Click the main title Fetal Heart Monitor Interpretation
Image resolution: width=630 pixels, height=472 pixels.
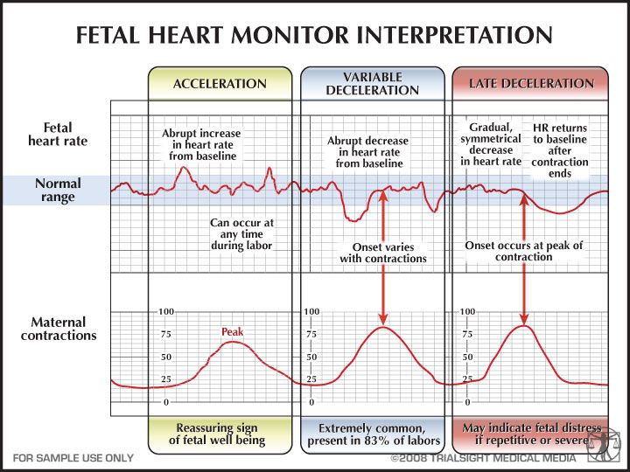[314, 35]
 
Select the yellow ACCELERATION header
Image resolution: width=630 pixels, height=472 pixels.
[220, 84]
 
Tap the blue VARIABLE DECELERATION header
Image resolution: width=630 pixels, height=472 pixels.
[373, 84]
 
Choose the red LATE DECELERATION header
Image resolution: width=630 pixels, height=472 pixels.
[531, 84]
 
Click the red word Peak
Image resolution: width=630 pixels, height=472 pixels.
[232, 332]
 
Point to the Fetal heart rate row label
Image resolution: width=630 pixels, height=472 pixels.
[58, 134]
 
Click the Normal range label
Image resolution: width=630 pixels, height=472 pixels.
[58, 190]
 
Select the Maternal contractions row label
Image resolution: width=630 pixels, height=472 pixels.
[59, 329]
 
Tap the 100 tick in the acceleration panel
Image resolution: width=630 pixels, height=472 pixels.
[166, 311]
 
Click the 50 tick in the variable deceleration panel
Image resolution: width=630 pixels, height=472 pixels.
[311, 357]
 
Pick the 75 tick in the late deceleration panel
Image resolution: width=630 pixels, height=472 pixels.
[467, 334]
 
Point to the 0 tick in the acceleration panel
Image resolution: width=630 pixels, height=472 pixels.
[166, 402]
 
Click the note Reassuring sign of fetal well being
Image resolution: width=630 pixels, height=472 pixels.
[217, 434]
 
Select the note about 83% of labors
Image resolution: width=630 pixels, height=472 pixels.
[374, 434]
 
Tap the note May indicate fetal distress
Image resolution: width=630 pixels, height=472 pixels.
[531, 434]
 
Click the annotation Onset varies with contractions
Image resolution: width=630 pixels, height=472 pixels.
[383, 253]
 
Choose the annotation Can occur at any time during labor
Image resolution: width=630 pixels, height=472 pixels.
[241, 234]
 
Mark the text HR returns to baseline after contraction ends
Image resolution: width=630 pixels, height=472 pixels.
[560, 150]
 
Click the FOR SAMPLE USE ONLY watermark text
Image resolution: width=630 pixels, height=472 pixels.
[73, 457]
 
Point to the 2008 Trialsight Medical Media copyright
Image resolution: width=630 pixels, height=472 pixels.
[483, 458]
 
